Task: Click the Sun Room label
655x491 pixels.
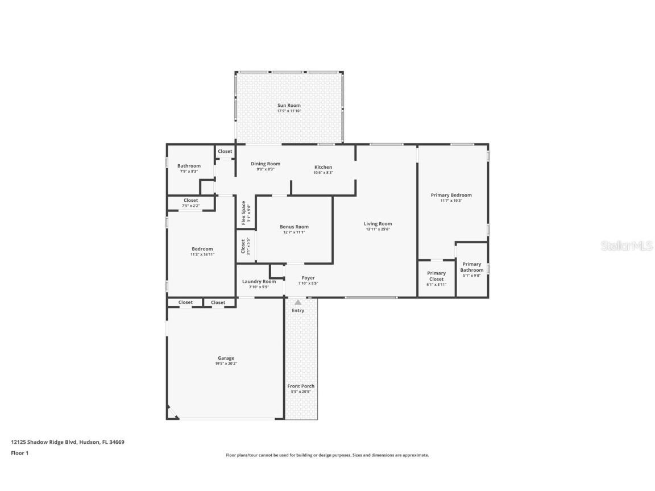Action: [x=289, y=105]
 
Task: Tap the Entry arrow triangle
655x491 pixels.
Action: [x=298, y=303]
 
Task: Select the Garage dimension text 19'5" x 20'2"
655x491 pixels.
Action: [x=226, y=364]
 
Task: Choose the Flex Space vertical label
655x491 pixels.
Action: [x=243, y=213]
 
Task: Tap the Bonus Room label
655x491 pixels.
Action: [x=294, y=227]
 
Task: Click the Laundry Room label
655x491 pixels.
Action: [x=259, y=281]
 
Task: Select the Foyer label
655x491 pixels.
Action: [x=308, y=278]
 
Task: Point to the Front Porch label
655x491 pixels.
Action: [x=301, y=386]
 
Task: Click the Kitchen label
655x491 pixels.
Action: [x=323, y=167]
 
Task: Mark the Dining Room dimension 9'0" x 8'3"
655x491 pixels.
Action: [x=266, y=169]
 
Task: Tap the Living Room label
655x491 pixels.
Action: [x=378, y=223]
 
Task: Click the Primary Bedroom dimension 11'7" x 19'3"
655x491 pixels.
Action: [x=451, y=201]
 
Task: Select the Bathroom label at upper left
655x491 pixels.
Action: [x=189, y=166]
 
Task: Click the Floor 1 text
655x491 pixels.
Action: [x=19, y=453]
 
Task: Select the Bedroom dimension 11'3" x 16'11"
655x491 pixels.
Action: [x=202, y=255]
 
